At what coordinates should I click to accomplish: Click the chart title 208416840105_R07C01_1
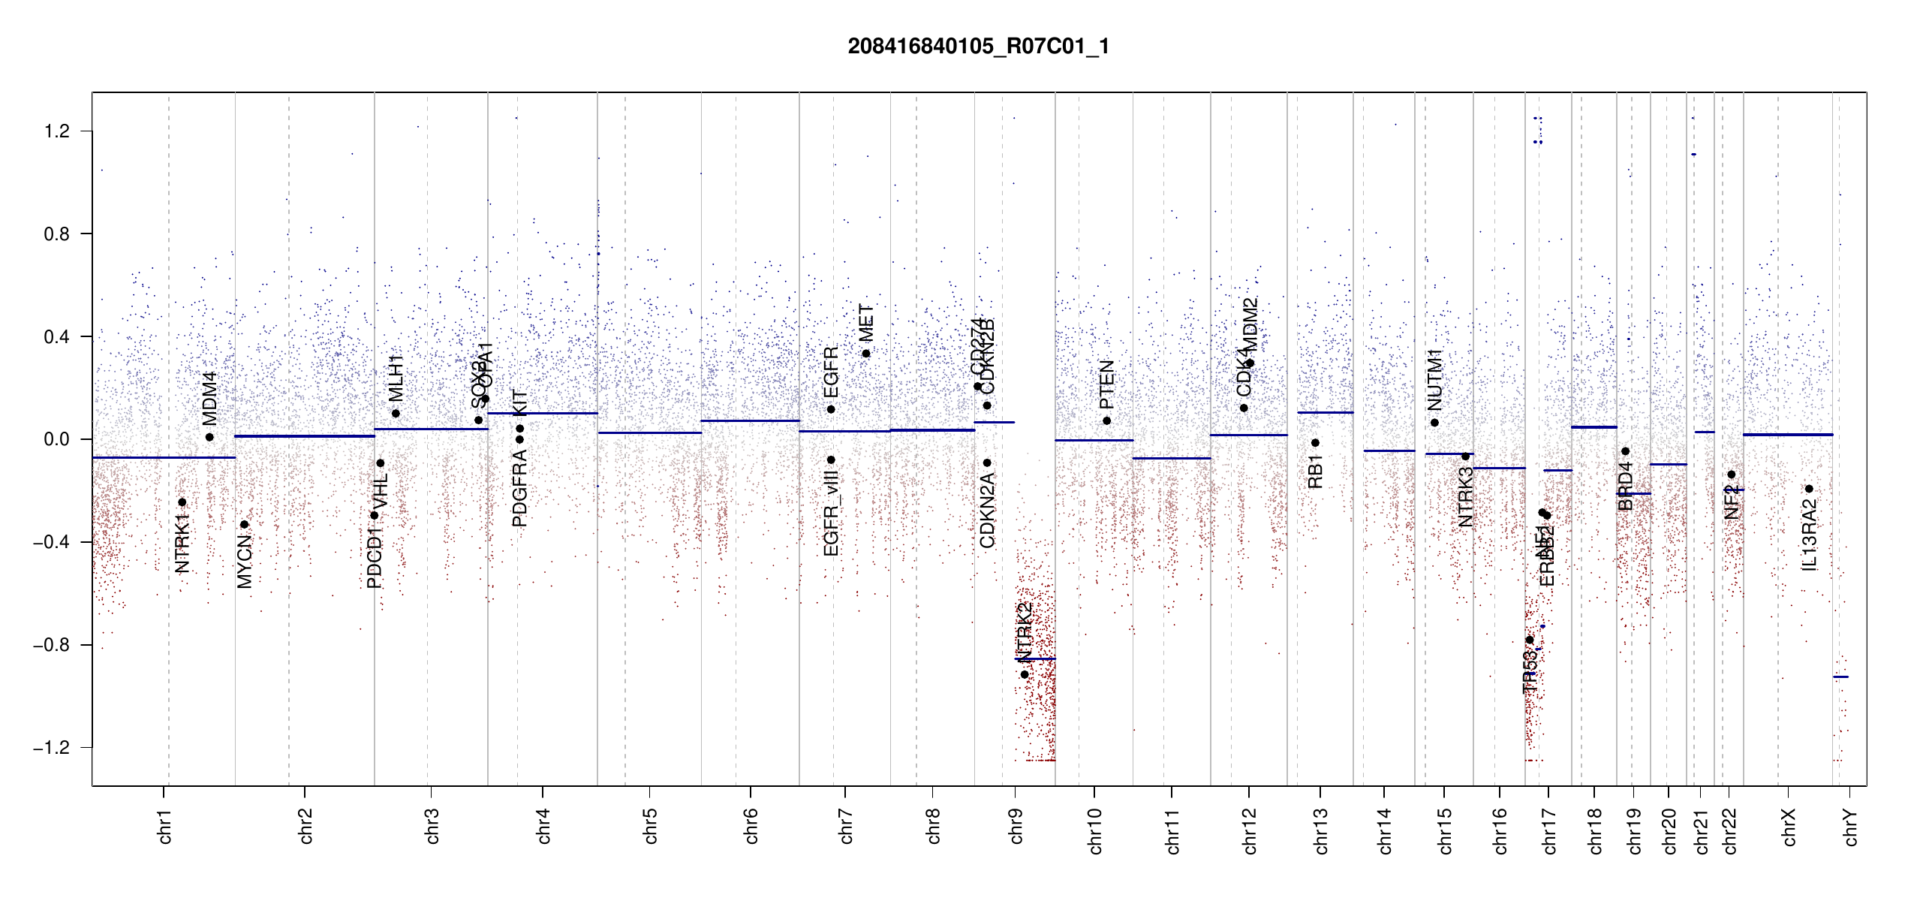point(978,47)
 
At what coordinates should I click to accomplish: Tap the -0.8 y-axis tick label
point(52,645)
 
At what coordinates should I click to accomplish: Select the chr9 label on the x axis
point(1016,826)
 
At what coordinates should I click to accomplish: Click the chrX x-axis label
point(1789,827)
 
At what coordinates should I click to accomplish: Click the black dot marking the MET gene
point(866,354)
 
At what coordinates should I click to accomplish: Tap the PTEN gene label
point(1107,384)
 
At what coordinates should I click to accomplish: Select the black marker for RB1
point(1315,443)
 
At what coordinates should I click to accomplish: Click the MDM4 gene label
point(210,398)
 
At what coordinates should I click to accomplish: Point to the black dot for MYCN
point(244,525)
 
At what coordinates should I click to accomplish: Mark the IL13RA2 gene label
point(1810,538)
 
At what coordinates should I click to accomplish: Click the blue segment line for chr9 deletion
point(1035,658)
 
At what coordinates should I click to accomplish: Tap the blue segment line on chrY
point(1840,677)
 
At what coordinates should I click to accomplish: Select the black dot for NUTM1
point(1434,423)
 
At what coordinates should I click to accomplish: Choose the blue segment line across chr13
point(1325,412)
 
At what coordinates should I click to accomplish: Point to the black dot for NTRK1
point(182,502)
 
